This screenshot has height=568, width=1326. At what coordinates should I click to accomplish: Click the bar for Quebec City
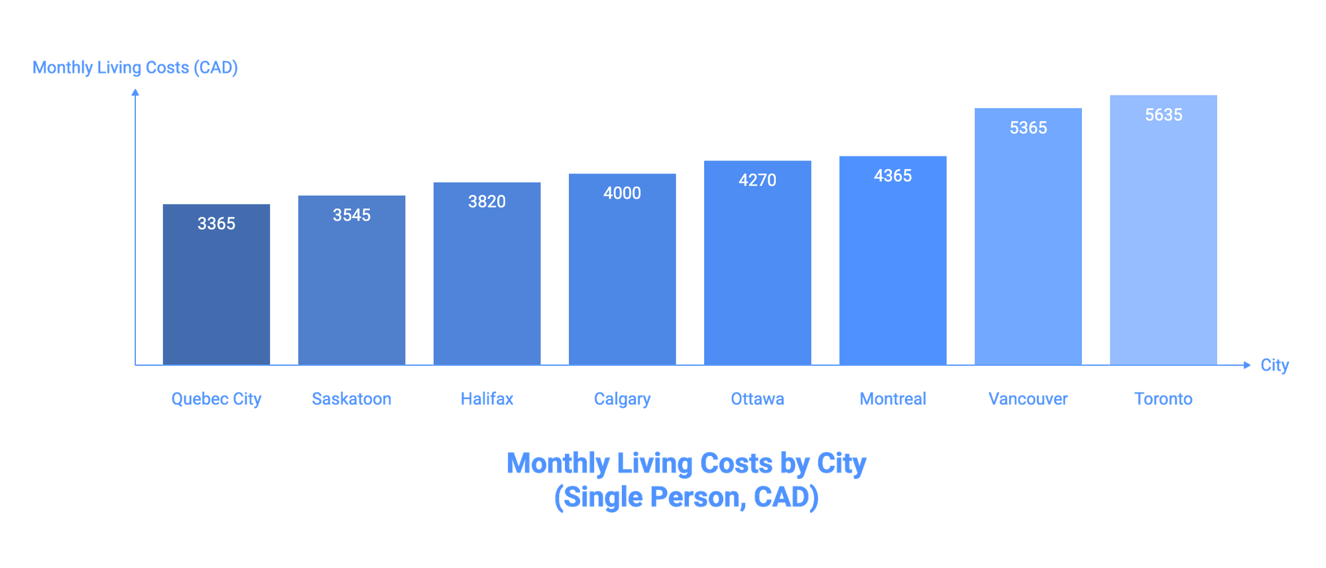point(217,292)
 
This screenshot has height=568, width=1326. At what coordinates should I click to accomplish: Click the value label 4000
point(622,194)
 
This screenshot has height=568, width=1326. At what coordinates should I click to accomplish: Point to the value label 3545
point(351,215)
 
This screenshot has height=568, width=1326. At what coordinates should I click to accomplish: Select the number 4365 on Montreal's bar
point(892,176)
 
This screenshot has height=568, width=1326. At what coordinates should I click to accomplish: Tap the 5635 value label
point(1164,115)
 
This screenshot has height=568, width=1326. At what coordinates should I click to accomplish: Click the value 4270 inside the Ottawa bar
point(757,180)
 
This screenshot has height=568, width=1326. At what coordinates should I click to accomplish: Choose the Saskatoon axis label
point(352,399)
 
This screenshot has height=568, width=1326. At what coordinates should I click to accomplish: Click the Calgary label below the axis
point(622,399)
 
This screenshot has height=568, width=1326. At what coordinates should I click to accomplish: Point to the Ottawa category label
point(757,399)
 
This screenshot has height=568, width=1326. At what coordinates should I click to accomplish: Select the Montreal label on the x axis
point(893,399)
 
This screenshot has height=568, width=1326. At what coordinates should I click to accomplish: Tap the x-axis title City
point(1274,365)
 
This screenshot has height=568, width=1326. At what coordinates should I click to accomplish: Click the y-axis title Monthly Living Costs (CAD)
point(135,68)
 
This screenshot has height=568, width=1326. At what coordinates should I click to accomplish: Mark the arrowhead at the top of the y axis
point(135,93)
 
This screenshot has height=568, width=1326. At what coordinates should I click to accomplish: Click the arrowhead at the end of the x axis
point(1246,365)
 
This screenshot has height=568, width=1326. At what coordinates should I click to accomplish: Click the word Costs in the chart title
point(736,463)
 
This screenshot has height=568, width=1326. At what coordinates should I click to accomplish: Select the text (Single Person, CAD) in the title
point(686,498)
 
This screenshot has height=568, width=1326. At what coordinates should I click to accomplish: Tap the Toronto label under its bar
point(1164,399)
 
